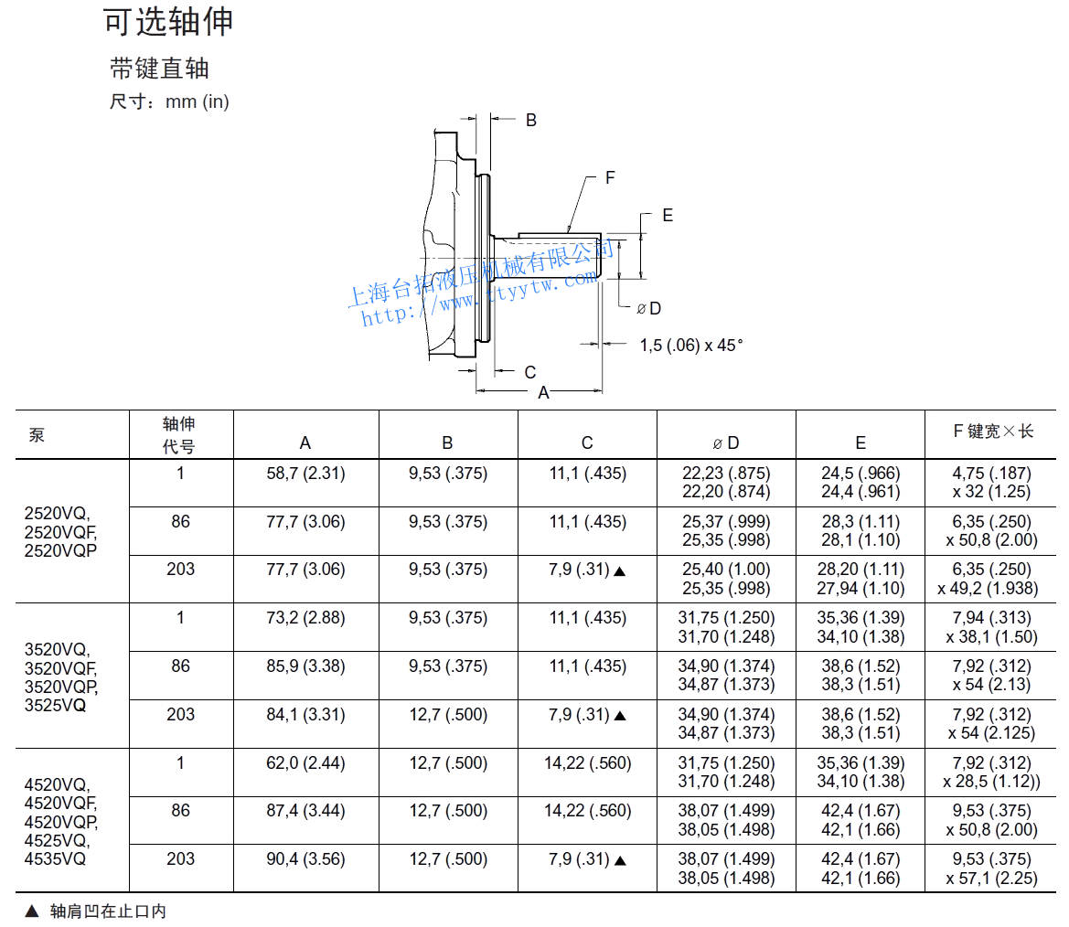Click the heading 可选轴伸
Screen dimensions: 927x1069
pos(168,22)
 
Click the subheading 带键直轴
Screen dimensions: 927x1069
pos(160,69)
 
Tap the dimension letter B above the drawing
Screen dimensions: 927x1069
pos(530,120)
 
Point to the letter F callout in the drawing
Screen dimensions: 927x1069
pos(610,177)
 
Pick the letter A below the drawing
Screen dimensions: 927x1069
pos(543,393)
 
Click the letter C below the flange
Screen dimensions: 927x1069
pos(529,372)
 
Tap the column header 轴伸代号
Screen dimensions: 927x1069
pos(179,435)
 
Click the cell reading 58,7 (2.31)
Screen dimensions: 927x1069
pos(305,474)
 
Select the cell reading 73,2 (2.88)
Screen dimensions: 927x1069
pos(305,618)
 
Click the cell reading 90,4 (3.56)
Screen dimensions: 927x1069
pos(305,859)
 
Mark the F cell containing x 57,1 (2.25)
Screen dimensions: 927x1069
pos(992,879)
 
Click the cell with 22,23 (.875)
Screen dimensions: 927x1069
pos(726,474)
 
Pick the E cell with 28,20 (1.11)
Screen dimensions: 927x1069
pos(861,570)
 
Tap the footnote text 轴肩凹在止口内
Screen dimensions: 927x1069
pos(108,911)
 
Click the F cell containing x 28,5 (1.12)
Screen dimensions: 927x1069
pos(992,782)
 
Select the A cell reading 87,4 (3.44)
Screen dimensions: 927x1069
pos(305,811)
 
